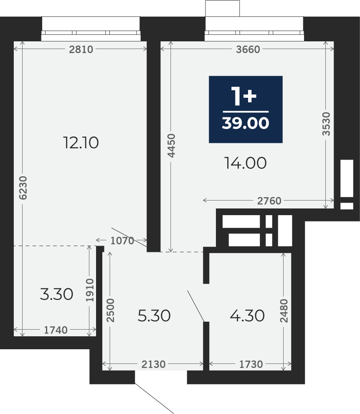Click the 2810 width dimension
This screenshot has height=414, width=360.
point(81,49)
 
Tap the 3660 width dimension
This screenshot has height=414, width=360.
point(248,49)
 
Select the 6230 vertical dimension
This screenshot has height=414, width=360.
point(23,188)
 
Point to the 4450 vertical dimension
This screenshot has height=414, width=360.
point(171,145)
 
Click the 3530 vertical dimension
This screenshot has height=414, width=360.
point(326,124)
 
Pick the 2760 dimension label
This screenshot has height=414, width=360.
point(269,201)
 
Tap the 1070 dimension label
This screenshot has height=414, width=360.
point(122,241)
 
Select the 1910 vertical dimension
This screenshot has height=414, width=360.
point(90,290)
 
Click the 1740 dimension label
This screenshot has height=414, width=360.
point(56,330)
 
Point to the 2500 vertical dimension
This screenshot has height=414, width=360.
point(110,310)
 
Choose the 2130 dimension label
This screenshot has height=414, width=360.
point(153,364)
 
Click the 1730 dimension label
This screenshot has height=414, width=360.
point(251,364)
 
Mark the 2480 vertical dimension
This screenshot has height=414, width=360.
point(284,311)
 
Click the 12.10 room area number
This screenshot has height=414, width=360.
point(81,142)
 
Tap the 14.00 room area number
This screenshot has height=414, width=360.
point(246,163)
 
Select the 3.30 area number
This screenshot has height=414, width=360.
point(56,295)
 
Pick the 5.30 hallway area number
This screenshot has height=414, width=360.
point(154,315)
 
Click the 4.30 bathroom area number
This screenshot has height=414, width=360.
point(247,315)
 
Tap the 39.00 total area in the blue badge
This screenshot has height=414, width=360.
point(246,123)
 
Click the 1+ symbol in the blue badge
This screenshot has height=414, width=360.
point(243,96)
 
